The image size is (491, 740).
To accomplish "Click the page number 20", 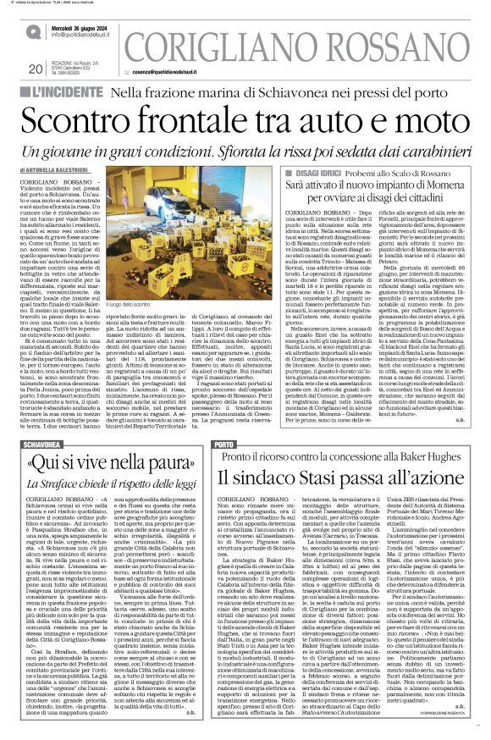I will click(x=35, y=69).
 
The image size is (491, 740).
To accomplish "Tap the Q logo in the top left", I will click(x=33, y=31).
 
